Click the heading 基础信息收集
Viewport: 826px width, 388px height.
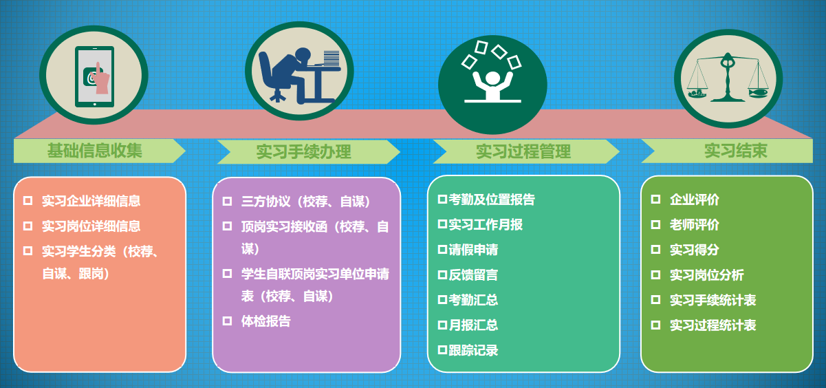[x=94, y=151]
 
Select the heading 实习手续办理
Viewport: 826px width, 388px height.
[x=303, y=151]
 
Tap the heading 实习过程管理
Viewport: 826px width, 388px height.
[x=523, y=151]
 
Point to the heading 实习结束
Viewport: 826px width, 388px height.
[x=736, y=151]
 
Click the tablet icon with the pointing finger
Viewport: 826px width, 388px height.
[x=94, y=76]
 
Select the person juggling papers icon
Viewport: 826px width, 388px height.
[x=492, y=73]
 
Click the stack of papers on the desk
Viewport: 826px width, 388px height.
[x=331, y=58]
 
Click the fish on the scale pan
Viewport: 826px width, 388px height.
[x=758, y=93]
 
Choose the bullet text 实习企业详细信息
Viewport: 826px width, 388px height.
[x=91, y=201]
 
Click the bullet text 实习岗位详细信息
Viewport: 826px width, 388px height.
[x=91, y=226]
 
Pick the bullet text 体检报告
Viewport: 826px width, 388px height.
[x=266, y=321]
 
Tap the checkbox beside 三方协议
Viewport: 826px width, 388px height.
[x=227, y=201]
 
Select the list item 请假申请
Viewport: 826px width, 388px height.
[x=473, y=250]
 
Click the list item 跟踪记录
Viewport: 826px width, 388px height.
[x=473, y=350]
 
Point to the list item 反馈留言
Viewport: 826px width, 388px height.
[x=473, y=274]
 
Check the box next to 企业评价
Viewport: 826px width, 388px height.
[x=655, y=200]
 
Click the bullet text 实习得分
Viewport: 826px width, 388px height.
[x=695, y=250]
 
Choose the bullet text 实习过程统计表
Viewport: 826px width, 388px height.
[x=713, y=325]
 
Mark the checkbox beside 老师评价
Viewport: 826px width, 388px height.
[x=655, y=224]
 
